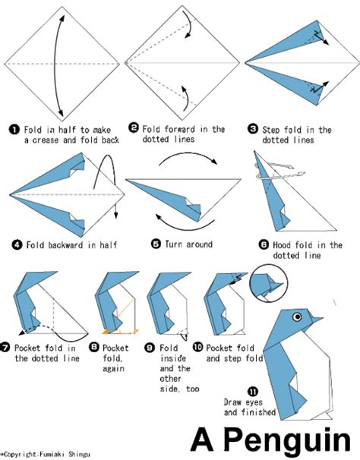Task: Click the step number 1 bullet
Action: [14, 129]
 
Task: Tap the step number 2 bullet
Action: [134, 128]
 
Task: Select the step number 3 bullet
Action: [253, 128]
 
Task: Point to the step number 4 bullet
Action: [17, 244]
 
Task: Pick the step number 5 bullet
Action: [156, 244]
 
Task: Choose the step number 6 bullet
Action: [264, 244]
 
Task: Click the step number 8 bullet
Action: [93, 347]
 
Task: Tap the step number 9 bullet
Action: [150, 348]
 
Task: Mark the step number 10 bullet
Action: [198, 347]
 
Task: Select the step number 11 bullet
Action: [253, 392]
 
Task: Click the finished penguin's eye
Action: [297, 317]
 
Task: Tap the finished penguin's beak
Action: [317, 319]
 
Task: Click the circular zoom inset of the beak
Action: [268, 283]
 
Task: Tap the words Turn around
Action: [188, 244]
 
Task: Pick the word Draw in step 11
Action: [232, 402]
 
